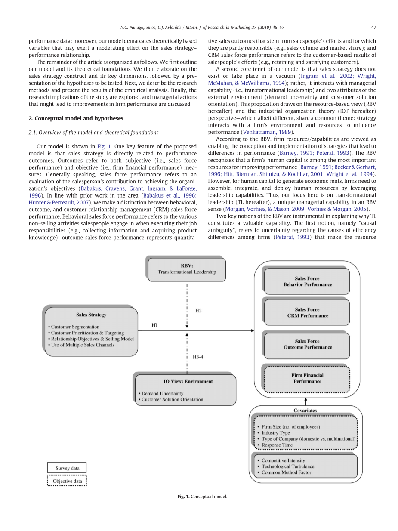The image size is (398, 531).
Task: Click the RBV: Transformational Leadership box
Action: pyautogui.click(x=187, y=269)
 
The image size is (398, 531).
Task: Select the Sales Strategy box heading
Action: pyautogui.click(x=91, y=315)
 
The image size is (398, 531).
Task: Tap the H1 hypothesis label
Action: pyautogui.click(x=154, y=325)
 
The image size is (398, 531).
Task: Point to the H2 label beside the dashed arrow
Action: pyautogui.click(x=198, y=310)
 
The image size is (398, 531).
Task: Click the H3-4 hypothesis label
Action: pyautogui.click(x=198, y=357)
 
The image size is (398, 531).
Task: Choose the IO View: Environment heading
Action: pyautogui.click(x=182, y=381)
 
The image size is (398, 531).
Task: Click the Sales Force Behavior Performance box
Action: pyautogui.click(x=307, y=281)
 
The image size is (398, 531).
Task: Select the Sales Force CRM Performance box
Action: pyautogui.click(x=307, y=312)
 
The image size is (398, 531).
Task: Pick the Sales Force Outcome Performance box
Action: pyautogui.click(x=307, y=344)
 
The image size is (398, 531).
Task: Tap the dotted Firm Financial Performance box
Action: pyautogui.click(x=307, y=378)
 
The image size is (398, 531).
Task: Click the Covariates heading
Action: pyautogui.click(x=305, y=411)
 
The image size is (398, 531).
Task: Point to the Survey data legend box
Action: pyautogui.click(x=67, y=468)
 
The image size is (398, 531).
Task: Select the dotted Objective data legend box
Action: pyautogui.click(x=67, y=481)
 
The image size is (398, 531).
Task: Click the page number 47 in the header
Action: pyautogui.click(x=373, y=28)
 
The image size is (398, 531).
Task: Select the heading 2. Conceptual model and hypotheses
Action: pyautogui.click(x=76, y=118)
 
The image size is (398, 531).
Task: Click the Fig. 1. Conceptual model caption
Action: pyautogui.click(x=202, y=497)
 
